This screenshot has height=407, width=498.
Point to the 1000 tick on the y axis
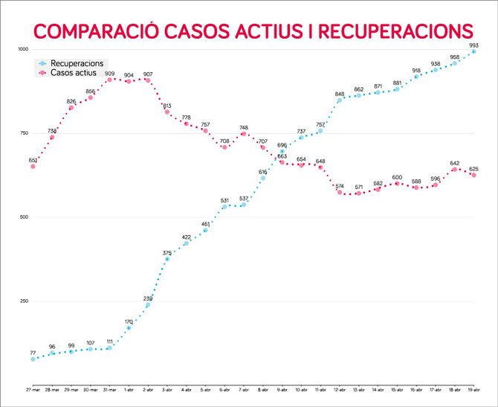(22, 49)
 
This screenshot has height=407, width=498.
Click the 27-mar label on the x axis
(33, 389)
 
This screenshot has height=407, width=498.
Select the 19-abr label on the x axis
(473, 389)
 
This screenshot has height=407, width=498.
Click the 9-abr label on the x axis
(282, 389)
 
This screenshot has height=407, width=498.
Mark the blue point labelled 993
(473, 51)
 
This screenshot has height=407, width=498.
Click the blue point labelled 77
(33, 359)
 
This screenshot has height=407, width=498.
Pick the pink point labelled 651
(33, 166)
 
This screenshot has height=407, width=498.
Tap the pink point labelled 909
(109, 80)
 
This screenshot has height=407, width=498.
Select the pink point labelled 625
(473, 175)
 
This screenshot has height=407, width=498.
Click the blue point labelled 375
(167, 259)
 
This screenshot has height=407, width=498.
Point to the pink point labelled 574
(340, 192)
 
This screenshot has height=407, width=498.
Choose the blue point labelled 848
(340, 100)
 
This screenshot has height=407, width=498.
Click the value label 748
(244, 127)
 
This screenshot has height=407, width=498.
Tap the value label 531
(224, 200)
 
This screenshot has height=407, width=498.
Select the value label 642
(454, 163)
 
